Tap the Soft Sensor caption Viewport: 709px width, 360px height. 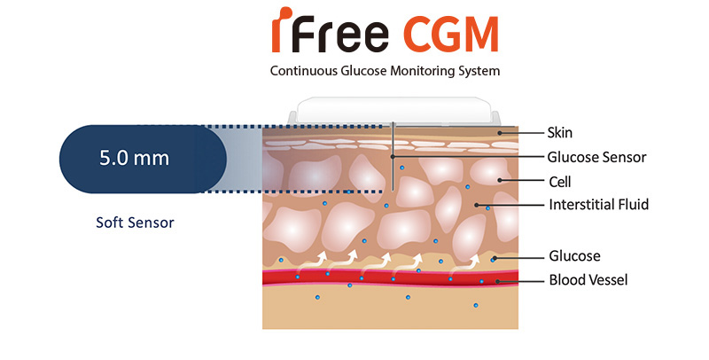[135, 223]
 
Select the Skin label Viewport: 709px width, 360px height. [560, 133]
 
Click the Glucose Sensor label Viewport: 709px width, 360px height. [596, 157]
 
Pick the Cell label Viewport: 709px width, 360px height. [559, 181]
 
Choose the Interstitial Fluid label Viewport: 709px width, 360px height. [599, 205]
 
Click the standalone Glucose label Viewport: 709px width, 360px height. [574, 256]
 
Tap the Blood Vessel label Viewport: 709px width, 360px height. [588, 280]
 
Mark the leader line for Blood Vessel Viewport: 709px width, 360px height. [522, 281]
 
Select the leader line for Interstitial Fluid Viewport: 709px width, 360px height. [514, 206]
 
